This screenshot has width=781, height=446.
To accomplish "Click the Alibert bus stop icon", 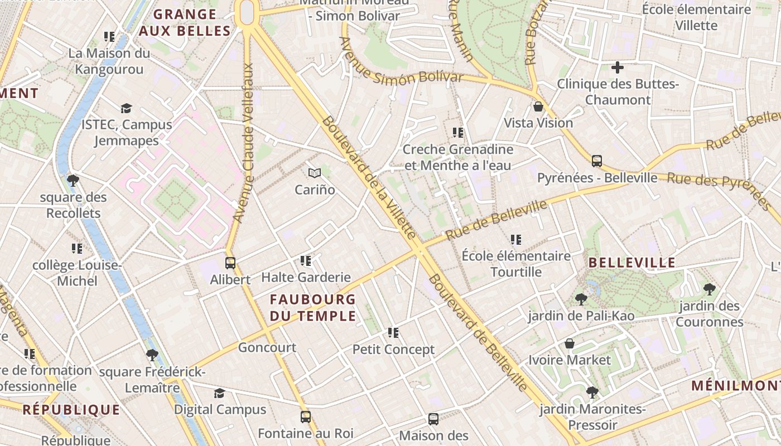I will pyautogui.click(x=230, y=263).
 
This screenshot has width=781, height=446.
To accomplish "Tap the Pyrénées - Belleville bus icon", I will pyautogui.click(x=596, y=161).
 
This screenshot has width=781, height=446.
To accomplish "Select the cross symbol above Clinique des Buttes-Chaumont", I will pyautogui.click(x=617, y=67).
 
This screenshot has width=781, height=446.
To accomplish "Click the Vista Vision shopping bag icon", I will pyautogui.click(x=538, y=106).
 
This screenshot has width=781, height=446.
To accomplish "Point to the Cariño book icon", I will pyautogui.click(x=315, y=173).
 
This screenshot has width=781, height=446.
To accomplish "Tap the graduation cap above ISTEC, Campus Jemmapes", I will pyautogui.click(x=126, y=108).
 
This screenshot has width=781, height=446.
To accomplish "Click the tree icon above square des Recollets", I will pyautogui.click(x=73, y=180).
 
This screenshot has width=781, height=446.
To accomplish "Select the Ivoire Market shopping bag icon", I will pyautogui.click(x=569, y=343).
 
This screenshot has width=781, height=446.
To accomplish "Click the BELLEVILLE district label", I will pyautogui.click(x=631, y=263).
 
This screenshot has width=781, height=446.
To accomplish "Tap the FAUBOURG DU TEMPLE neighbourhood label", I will pyautogui.click(x=313, y=308).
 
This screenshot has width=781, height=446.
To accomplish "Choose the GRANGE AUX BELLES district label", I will pyautogui.click(x=184, y=23).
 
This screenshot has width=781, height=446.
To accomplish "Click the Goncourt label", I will pyautogui.click(x=267, y=347).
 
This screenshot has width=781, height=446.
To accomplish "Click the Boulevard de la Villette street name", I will pyautogui.click(x=369, y=178).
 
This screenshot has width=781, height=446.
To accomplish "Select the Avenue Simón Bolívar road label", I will pyautogui.click(x=402, y=61).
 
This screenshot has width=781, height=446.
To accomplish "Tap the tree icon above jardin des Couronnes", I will pyautogui.click(x=709, y=289).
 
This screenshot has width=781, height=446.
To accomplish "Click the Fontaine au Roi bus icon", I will pyautogui.click(x=305, y=416).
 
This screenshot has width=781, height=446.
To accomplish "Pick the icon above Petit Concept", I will pyautogui.click(x=393, y=333).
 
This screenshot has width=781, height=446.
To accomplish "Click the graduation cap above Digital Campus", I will pyautogui.click(x=219, y=393).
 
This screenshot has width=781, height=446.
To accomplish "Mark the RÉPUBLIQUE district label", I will pyautogui.click(x=71, y=410).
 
